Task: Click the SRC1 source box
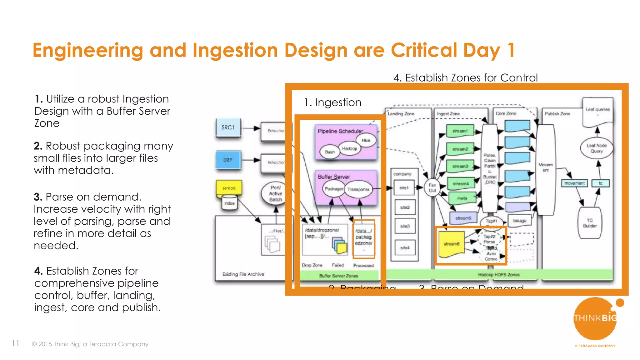coord(228,127)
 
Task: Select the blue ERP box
coord(228,160)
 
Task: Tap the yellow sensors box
coord(229,188)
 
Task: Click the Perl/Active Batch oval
coord(275,194)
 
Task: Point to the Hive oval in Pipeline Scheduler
coord(366,140)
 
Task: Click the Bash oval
coord(330,152)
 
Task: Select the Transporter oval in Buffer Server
coord(358,189)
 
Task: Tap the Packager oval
coord(333,189)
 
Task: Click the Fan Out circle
coord(432,188)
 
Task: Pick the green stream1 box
coord(460,131)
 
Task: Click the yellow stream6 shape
coord(451,244)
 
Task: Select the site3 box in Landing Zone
coord(405,226)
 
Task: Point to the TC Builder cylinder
coord(589,223)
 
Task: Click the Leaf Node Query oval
coord(596,148)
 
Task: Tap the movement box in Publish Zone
coord(574,183)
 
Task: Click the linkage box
coord(519,221)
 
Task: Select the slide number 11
coord(16,343)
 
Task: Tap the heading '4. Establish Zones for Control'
coord(465,77)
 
